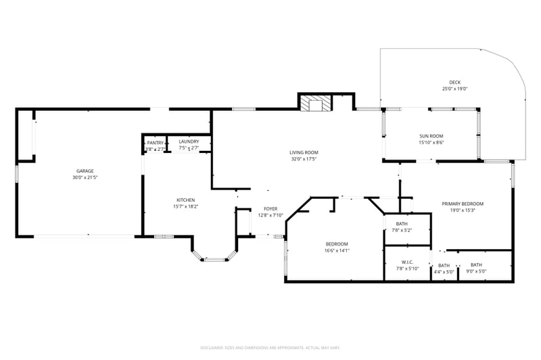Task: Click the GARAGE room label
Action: pyautogui.click(x=85, y=171)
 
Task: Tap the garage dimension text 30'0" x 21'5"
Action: pyautogui.click(x=85, y=177)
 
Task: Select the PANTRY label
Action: pyautogui.click(x=156, y=142)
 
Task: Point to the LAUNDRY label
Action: pyautogui.click(x=189, y=141)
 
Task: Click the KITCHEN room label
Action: pyautogui.click(x=186, y=200)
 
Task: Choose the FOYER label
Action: pyautogui.click(x=270, y=208)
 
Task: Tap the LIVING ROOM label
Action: pyautogui.click(x=304, y=152)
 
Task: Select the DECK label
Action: pyautogui.click(x=455, y=83)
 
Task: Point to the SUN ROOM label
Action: pyautogui.click(x=431, y=136)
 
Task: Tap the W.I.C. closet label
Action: pyautogui.click(x=407, y=262)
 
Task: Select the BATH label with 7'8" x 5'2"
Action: pyautogui.click(x=402, y=223)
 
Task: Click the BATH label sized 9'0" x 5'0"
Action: pyautogui.click(x=476, y=265)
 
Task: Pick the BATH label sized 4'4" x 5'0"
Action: pyautogui.click(x=444, y=265)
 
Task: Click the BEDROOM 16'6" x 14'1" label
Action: pyautogui.click(x=337, y=244)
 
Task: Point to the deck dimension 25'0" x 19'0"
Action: pyautogui.click(x=455, y=89)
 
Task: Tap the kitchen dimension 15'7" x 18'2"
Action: pyautogui.click(x=186, y=206)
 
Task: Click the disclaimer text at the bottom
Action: pyautogui.click(x=270, y=348)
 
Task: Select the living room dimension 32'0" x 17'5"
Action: pyautogui.click(x=304, y=159)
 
